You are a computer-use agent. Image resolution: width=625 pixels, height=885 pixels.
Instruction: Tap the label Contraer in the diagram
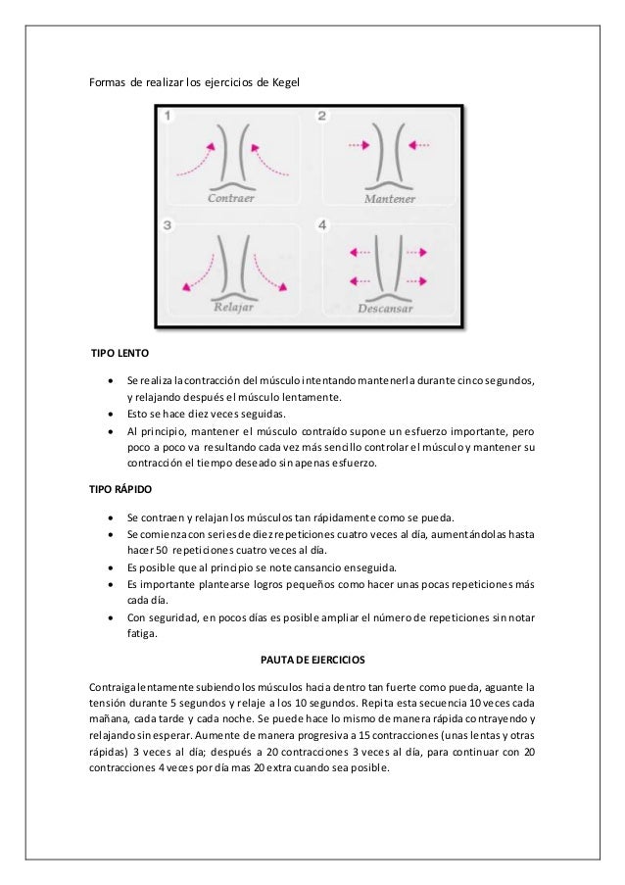[x=232, y=197]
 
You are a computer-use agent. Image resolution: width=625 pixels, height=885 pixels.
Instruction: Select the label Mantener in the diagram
[x=390, y=198]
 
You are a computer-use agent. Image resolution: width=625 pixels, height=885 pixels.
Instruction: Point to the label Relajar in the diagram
[x=233, y=306]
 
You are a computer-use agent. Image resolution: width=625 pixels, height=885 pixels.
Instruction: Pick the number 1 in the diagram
[x=168, y=117]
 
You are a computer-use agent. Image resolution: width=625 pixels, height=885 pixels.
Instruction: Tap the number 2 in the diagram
[x=321, y=117]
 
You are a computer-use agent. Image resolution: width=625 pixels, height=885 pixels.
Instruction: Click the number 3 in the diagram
[x=168, y=225]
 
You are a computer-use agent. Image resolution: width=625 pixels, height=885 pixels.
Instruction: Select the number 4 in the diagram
[x=321, y=225]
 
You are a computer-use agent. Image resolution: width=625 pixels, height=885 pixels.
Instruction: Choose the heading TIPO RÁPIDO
[x=118, y=487]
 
